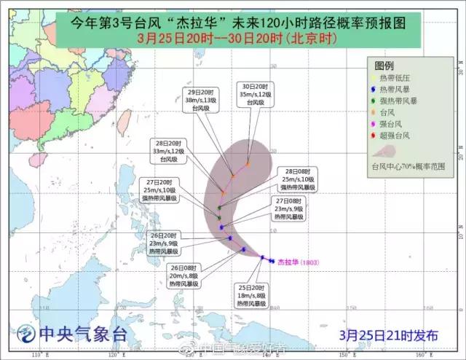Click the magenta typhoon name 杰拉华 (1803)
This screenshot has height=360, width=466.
coord(298,262)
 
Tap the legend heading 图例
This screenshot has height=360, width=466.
coord(394,66)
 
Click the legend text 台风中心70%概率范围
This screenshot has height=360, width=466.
coord(408,166)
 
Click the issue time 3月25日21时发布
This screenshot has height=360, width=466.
coord(390,336)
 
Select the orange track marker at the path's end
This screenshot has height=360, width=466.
coord(248,164)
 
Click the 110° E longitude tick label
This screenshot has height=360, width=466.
coord(38,353)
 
